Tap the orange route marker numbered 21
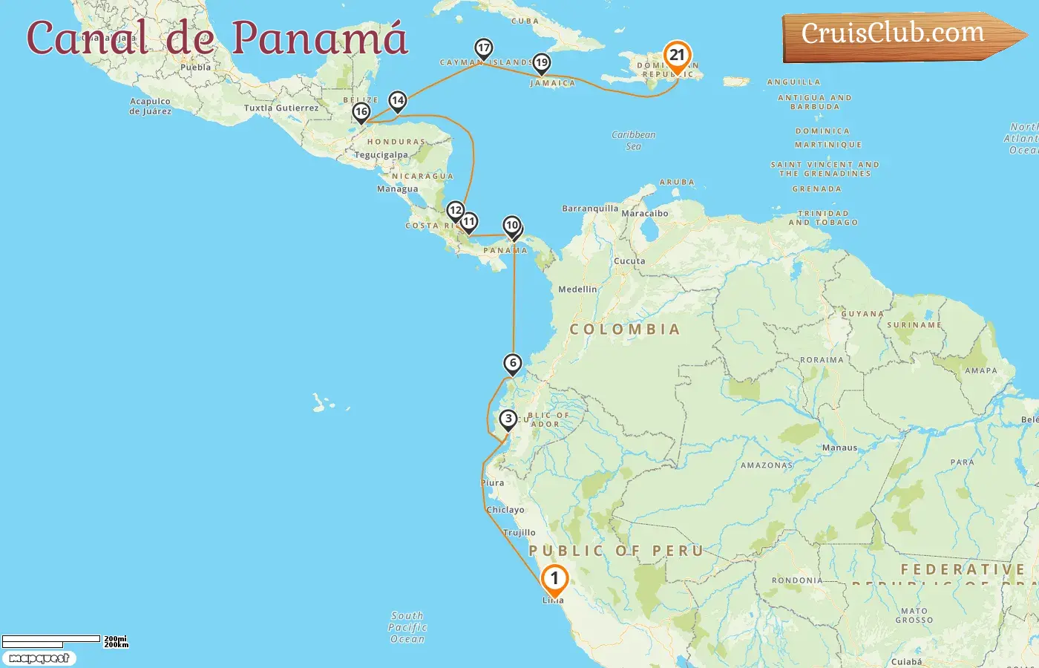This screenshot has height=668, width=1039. (x=676, y=56)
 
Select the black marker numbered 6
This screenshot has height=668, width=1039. (x=512, y=363)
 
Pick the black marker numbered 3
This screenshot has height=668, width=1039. (x=508, y=419)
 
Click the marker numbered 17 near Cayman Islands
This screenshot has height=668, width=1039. (x=483, y=49)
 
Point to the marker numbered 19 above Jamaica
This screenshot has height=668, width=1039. (x=541, y=63)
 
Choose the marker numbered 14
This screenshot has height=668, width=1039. (x=398, y=100)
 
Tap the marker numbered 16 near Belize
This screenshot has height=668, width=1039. (x=361, y=112)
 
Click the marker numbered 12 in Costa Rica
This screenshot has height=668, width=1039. (x=455, y=211)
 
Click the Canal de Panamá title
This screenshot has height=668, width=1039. (x=217, y=37)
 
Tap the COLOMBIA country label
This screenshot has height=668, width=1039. (x=624, y=330)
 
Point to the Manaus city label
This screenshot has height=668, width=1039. (x=839, y=448)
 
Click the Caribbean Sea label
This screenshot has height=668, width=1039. (x=633, y=140)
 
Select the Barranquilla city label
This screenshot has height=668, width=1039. (x=590, y=209)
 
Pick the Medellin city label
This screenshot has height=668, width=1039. (x=577, y=289)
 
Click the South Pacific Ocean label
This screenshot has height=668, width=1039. (x=407, y=627)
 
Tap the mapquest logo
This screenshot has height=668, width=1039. (x=39, y=658)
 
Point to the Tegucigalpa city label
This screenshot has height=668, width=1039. (x=381, y=155)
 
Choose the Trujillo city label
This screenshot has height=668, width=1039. (x=519, y=533)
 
